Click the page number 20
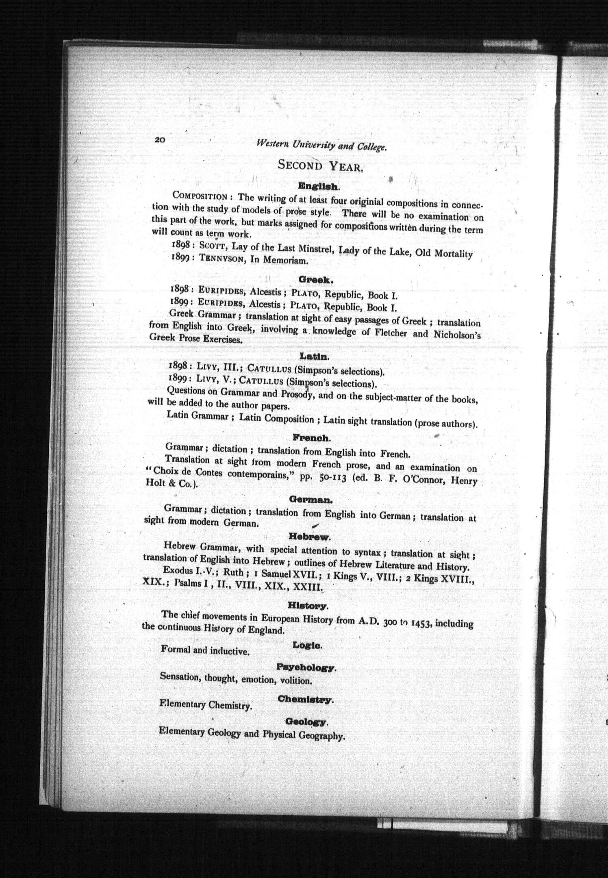pyautogui.click(x=159, y=139)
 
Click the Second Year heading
pyautogui.click(x=320, y=165)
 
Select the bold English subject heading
pyautogui.click(x=318, y=187)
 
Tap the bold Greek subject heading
pyautogui.click(x=316, y=280)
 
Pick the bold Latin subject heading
pyautogui.click(x=314, y=356)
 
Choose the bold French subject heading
pyautogui.click(x=311, y=438)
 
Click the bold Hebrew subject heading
pyautogui.click(x=309, y=537)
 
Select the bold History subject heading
pyautogui.click(x=308, y=606)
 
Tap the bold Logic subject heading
pyautogui.click(x=307, y=645)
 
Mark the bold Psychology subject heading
pyautogui.click(x=306, y=667)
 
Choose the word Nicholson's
pyautogui.click(x=458, y=335)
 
